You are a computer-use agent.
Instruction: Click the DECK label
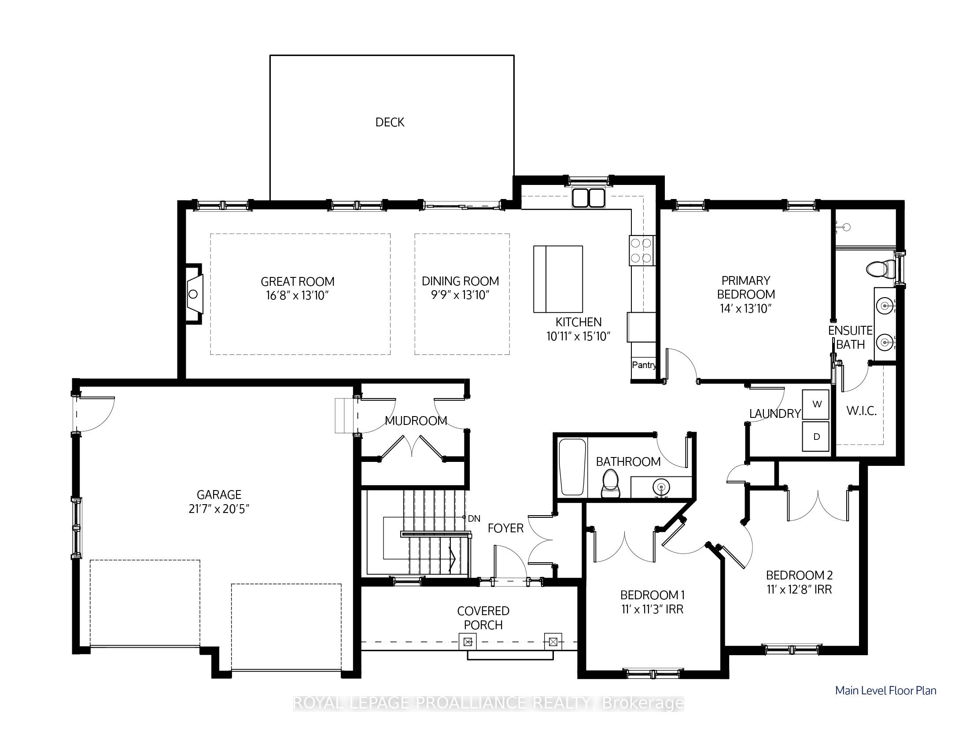(390, 122)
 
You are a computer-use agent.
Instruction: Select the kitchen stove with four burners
(642, 251)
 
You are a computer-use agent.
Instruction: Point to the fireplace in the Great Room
(193, 294)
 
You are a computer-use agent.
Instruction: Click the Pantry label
(644, 365)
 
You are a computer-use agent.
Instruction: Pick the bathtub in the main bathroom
(572, 467)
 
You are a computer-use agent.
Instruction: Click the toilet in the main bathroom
(610, 483)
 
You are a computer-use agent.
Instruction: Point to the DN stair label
(474, 519)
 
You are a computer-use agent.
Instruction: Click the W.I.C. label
(861, 411)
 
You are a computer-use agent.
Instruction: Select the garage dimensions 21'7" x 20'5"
(219, 509)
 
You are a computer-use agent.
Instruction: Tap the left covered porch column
(468, 641)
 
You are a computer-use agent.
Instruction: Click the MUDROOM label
(416, 421)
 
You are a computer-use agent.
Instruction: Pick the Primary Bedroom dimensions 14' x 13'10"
(745, 309)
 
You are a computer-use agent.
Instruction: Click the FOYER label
(506, 528)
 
